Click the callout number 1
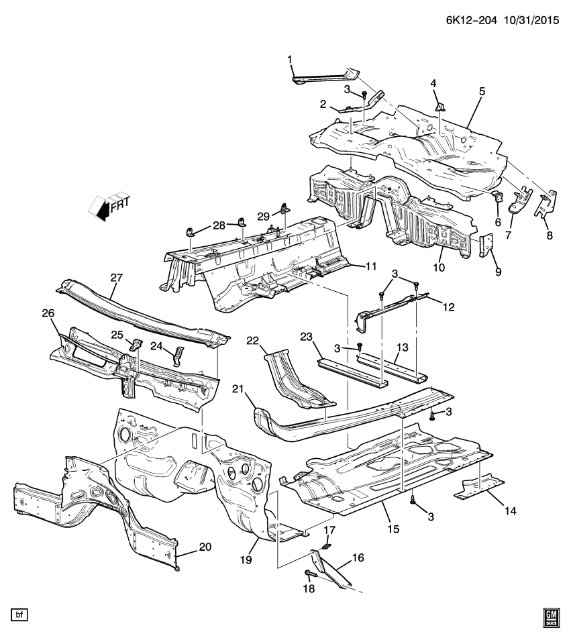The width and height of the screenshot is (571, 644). tap(291, 60)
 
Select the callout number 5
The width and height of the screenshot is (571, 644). tap(482, 91)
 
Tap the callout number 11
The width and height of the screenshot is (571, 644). tap(372, 267)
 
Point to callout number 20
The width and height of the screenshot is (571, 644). tap(205, 547)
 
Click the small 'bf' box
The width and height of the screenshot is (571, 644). tap(19, 614)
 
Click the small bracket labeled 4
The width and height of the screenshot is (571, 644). tap(439, 105)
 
